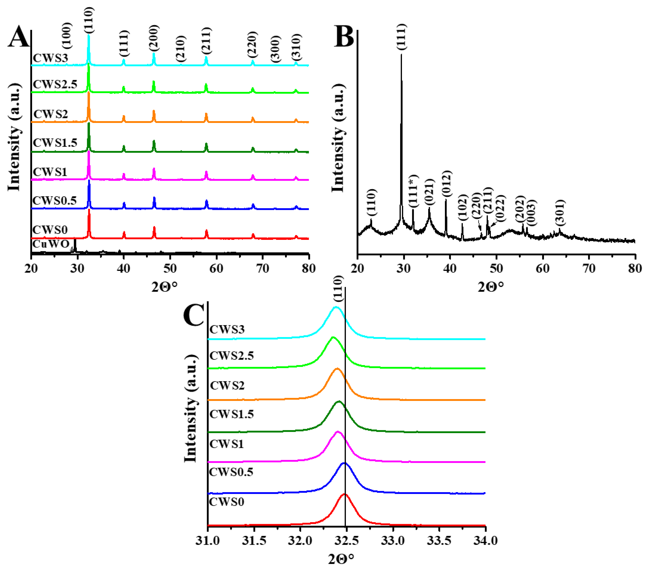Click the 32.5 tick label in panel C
click(346, 541)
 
